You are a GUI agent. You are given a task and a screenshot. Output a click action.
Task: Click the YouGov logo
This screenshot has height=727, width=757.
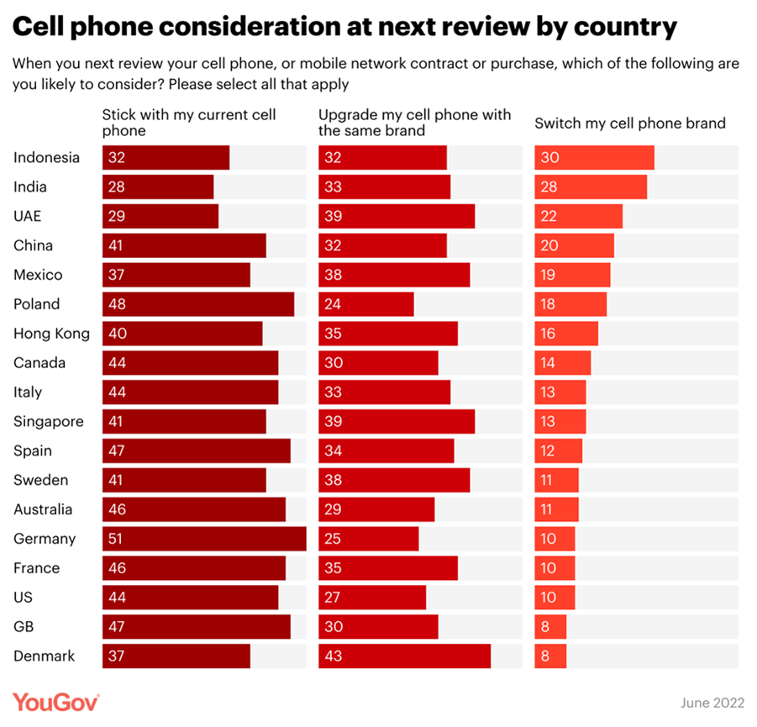pyautogui.click(x=56, y=702)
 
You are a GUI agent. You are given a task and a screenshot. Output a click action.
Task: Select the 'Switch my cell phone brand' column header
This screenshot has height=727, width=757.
pyautogui.click(x=629, y=124)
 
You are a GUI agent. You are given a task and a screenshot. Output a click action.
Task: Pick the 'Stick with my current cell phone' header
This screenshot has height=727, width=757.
pyautogui.click(x=189, y=123)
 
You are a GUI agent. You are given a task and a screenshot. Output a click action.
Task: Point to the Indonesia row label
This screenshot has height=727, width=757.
pyautogui.click(x=47, y=157)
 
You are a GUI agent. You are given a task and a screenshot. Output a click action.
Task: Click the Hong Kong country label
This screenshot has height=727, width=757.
pyautogui.click(x=51, y=334)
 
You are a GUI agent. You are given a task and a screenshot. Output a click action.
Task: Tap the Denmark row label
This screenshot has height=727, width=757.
pyautogui.click(x=44, y=656)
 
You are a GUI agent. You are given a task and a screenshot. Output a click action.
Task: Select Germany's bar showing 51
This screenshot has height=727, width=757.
pyautogui.click(x=204, y=539)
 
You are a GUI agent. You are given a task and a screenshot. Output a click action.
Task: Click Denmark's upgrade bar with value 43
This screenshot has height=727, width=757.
pyautogui.click(x=404, y=656)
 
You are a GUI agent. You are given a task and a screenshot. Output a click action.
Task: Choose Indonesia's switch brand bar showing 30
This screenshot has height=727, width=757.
pyautogui.click(x=594, y=157)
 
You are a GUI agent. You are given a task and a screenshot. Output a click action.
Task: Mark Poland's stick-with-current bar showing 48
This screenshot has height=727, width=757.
pyautogui.click(x=198, y=304)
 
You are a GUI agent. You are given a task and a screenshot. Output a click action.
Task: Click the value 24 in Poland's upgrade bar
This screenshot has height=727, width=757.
pyautogui.click(x=333, y=304)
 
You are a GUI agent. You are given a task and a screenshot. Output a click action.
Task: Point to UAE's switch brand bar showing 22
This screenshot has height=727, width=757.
pyautogui.click(x=579, y=216)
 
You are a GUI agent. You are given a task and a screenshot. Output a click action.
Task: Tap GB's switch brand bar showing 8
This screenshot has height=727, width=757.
pyautogui.click(x=551, y=627)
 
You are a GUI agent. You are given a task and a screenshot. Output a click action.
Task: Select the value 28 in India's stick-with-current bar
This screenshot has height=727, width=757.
pyautogui.click(x=116, y=187)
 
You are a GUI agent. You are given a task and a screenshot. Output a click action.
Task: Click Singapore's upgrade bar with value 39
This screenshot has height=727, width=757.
pyautogui.click(x=397, y=422)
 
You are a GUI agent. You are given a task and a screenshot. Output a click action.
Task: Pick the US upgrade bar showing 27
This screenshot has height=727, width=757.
pyautogui.click(x=372, y=598)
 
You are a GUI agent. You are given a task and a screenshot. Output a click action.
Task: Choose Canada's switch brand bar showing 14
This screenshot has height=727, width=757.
pyautogui.click(x=563, y=363)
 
